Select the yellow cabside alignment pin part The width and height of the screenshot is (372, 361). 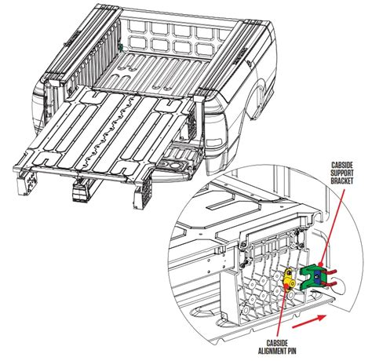point(290,277)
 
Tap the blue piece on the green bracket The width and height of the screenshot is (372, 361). point(314,276)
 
